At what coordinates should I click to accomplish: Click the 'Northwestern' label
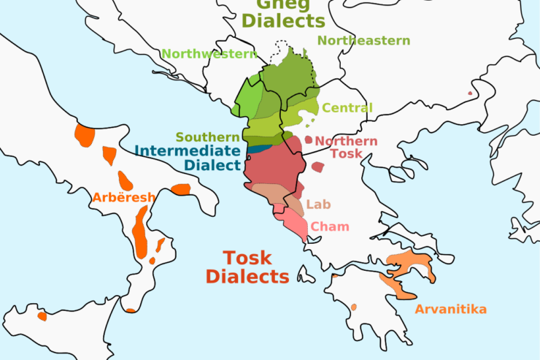pyautogui.click(x=209, y=53)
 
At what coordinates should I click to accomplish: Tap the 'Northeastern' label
pyautogui.click(x=363, y=41)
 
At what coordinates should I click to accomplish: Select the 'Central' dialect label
pyautogui.click(x=347, y=108)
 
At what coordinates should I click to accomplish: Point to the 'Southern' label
pyautogui.click(x=207, y=137)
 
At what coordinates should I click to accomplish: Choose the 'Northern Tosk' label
pyautogui.click(x=346, y=147)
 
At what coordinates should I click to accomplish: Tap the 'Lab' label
pyautogui.click(x=318, y=204)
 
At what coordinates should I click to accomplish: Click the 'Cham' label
pyautogui.click(x=330, y=226)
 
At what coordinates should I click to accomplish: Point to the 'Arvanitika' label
pyautogui.click(x=450, y=309)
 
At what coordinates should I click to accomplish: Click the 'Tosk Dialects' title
pyautogui.click(x=247, y=267)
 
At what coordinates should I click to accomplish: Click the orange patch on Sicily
pyautogui.click(x=42, y=316)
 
